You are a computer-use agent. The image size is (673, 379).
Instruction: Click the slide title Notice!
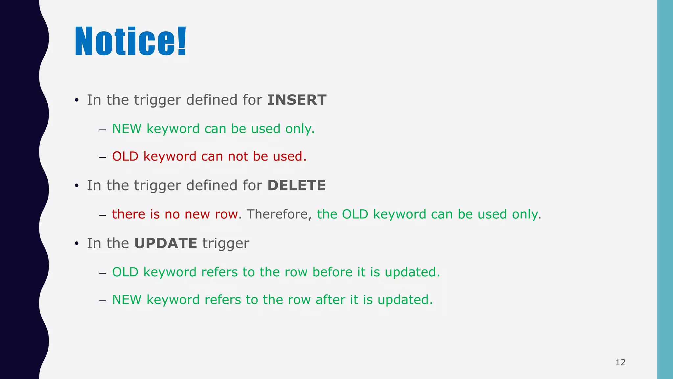(x=130, y=41)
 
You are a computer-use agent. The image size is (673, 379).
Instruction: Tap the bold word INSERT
(x=297, y=100)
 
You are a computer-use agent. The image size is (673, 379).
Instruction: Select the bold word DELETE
(x=296, y=186)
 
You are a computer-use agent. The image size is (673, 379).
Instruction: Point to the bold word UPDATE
(x=166, y=243)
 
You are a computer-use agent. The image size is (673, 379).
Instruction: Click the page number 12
(x=620, y=362)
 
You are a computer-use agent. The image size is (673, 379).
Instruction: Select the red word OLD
(x=125, y=157)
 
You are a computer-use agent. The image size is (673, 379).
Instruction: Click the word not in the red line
(x=238, y=157)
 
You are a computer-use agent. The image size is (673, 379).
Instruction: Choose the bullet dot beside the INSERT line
(x=77, y=100)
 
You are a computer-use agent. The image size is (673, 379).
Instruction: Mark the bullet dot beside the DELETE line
(x=77, y=186)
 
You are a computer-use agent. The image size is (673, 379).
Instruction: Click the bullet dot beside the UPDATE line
(x=77, y=244)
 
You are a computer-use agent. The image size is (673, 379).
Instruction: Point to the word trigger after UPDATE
(x=225, y=244)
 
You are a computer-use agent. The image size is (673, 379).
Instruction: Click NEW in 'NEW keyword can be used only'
(x=127, y=129)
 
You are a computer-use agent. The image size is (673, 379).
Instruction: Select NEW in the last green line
(x=127, y=300)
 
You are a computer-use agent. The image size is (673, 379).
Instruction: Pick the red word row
(x=226, y=215)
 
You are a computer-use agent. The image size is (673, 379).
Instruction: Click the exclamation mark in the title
(x=182, y=41)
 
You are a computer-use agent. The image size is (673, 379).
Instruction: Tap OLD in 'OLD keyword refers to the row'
(x=125, y=272)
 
